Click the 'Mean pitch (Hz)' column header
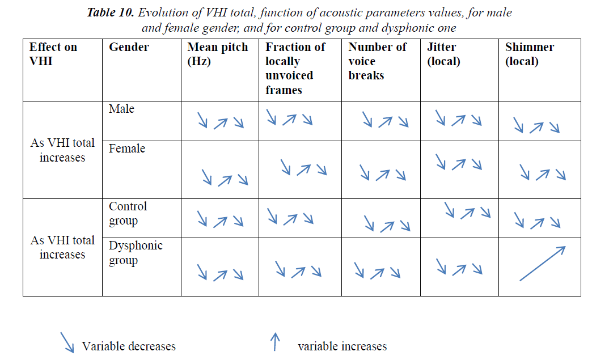[x=218, y=54]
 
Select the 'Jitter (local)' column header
[x=441, y=54]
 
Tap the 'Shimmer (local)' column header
[x=530, y=54]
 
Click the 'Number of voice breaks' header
[x=377, y=61]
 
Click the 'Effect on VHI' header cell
[x=53, y=54]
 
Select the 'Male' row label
[x=121, y=109]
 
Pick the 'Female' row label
[x=127, y=149]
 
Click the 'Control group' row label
[x=128, y=214]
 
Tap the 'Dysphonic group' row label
[x=136, y=253]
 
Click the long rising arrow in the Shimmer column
[x=542, y=263]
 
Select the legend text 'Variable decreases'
[x=129, y=346]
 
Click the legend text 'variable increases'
[x=342, y=346]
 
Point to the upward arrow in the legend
[x=276, y=342]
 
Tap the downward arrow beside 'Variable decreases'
[x=67, y=342]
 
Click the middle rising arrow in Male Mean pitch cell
[x=221, y=122]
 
